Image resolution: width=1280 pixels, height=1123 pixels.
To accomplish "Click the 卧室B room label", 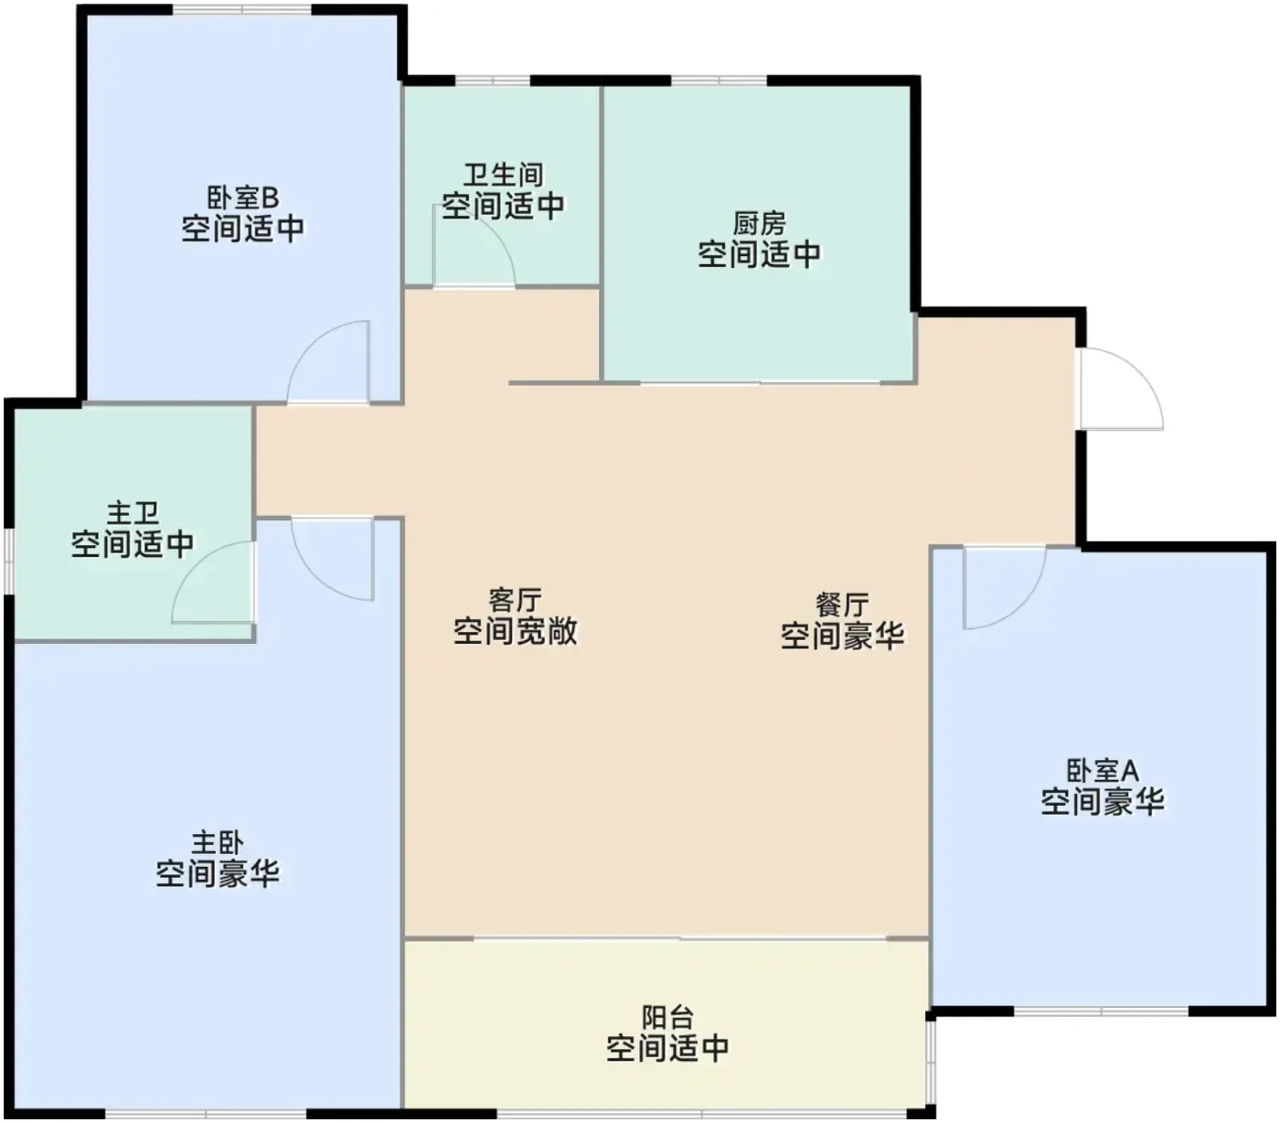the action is (x=243, y=198).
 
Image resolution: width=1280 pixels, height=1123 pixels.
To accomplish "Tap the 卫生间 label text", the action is (x=504, y=175).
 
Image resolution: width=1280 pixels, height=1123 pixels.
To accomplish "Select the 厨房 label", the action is (x=760, y=224).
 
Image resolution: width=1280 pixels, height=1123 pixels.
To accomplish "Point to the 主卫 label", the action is (x=133, y=513).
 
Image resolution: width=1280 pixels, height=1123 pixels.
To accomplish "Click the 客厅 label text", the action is (x=516, y=600).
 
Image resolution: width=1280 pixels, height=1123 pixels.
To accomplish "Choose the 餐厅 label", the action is (x=842, y=604).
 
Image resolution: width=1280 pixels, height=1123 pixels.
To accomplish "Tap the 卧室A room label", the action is (x=1103, y=771).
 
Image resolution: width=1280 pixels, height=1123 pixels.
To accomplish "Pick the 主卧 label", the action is (x=218, y=843).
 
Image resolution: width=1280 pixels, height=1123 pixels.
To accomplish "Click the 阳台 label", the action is (x=667, y=1018).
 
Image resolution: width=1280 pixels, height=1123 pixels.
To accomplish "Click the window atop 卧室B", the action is (x=242, y=9).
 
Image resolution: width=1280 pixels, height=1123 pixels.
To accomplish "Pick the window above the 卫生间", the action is (x=492, y=80).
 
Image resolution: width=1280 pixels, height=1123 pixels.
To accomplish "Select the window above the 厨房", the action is (x=719, y=80).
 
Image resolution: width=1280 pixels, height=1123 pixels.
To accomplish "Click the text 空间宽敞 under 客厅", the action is (x=516, y=631).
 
